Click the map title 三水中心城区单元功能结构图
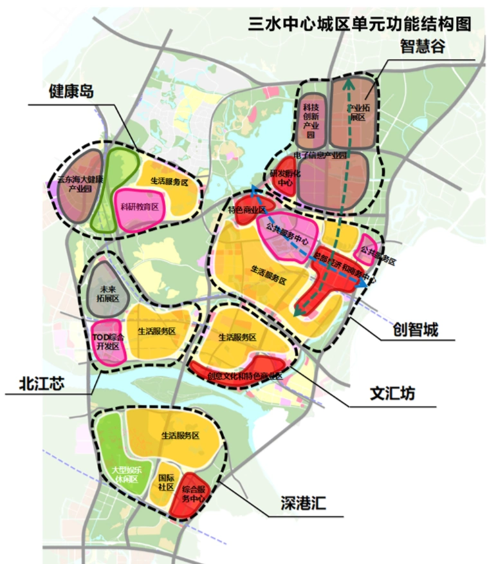point(360,24)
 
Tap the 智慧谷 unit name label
point(423,46)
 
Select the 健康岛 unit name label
point(71,91)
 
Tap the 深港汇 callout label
point(303,503)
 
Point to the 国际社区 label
point(166,482)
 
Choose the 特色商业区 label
point(247,210)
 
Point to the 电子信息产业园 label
point(320,156)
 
